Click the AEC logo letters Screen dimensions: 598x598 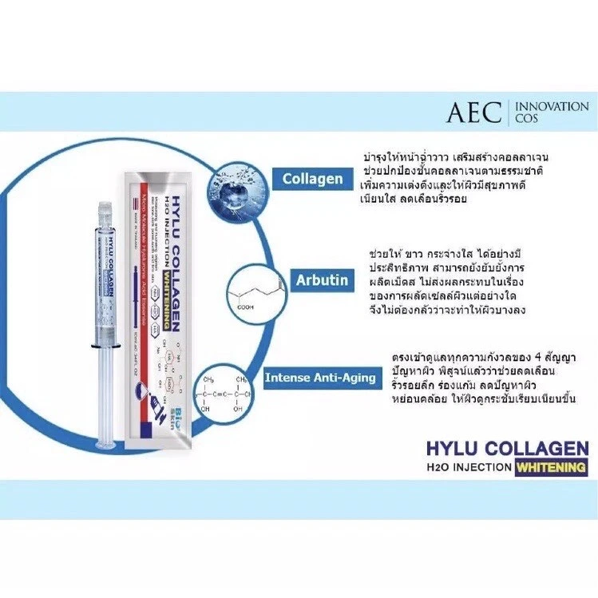pyautogui.click(x=474, y=113)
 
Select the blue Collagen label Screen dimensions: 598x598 pyautogui.click(x=311, y=180)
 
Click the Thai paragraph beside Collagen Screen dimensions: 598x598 pyautogui.click(x=463, y=176)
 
